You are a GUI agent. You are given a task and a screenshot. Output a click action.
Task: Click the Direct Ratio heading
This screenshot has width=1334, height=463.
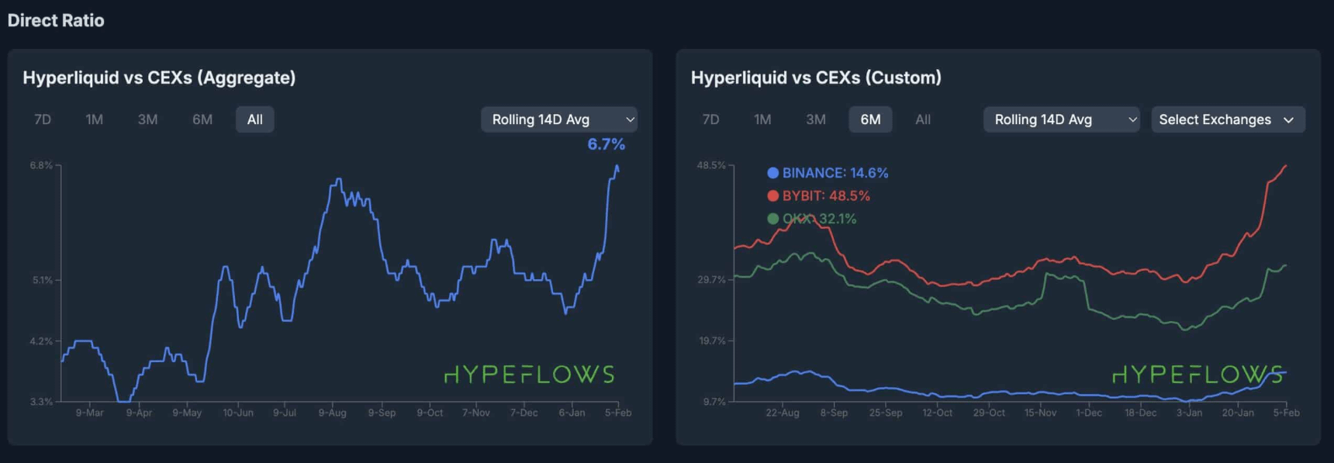[56, 21]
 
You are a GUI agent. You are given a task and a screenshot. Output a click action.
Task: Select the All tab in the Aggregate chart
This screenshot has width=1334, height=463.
[254, 119]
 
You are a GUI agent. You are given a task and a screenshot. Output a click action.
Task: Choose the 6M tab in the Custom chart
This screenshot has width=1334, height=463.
[870, 119]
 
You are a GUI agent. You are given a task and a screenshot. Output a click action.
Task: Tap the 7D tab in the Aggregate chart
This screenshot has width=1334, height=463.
[43, 119]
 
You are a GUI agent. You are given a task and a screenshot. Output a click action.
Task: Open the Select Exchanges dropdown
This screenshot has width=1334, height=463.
[1227, 119]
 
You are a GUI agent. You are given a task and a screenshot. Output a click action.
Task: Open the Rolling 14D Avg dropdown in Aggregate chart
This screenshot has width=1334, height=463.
[558, 119]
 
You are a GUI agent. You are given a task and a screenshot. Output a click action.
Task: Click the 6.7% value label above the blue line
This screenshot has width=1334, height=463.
[606, 144]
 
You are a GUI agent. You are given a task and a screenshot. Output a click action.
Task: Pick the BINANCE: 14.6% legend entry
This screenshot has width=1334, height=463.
[828, 173]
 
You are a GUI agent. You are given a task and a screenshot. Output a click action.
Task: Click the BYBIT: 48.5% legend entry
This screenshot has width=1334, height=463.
[818, 196]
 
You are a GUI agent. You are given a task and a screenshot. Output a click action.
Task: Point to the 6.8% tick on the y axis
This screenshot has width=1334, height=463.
[41, 165]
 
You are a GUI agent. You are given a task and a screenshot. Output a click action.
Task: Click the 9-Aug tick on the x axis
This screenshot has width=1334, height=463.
[332, 413]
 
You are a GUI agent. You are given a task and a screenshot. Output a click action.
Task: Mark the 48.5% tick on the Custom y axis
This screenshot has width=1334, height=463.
[710, 165]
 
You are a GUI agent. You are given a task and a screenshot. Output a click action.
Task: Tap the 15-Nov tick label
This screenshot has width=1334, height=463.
[1040, 413]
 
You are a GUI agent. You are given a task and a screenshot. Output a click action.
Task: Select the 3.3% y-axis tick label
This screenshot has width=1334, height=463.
[41, 402]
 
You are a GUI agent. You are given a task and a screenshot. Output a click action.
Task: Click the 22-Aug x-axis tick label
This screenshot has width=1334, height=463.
[782, 413]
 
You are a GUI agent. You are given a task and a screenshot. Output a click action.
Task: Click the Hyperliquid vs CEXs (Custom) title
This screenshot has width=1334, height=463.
[816, 78]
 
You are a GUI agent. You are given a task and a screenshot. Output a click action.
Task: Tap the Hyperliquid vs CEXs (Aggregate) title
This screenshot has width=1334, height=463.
[159, 78]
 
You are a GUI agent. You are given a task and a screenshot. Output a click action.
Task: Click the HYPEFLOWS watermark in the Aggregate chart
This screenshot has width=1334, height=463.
[529, 375]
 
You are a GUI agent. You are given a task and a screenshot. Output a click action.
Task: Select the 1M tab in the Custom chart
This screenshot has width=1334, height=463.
[762, 119]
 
